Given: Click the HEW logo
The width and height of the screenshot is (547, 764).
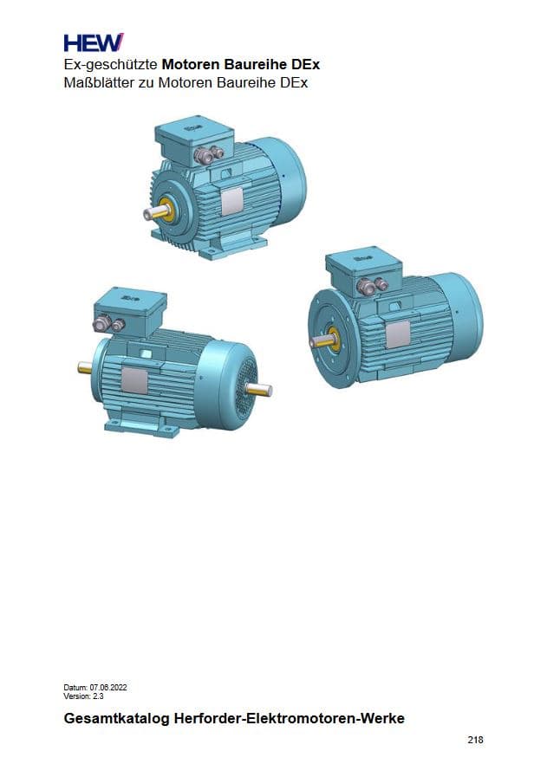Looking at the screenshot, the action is click(94, 42).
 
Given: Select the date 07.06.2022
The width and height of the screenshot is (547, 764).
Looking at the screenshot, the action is click(108, 688).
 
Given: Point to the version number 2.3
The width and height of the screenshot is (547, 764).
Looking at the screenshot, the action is click(98, 696).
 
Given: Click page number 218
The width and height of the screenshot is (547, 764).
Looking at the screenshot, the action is click(475, 740).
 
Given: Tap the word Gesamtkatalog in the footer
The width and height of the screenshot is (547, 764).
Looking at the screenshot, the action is click(116, 718).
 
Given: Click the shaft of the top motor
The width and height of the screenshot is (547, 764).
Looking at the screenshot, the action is click(155, 213).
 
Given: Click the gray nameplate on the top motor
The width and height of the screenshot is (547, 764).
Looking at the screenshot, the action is click(232, 201).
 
